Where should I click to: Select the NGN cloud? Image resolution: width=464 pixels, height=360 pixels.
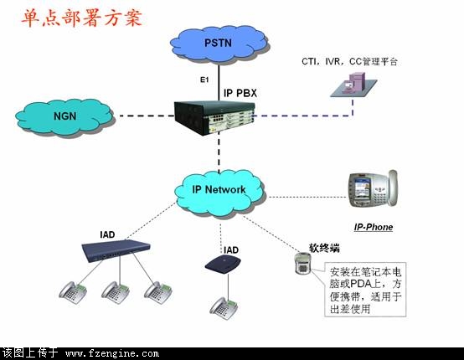pyautogui.click(x=64, y=117)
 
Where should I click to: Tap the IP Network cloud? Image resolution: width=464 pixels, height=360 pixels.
pyautogui.click(x=219, y=193)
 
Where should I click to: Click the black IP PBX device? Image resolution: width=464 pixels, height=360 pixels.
pyautogui.click(x=214, y=118)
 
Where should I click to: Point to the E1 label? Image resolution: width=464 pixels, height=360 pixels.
pyautogui.click(x=204, y=80)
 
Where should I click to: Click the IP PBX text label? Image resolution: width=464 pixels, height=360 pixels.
pyautogui.click(x=240, y=93)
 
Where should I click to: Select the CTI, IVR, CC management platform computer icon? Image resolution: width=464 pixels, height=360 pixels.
pyautogui.click(x=353, y=85)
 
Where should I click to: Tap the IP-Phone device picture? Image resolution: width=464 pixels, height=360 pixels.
pyautogui.click(x=373, y=189)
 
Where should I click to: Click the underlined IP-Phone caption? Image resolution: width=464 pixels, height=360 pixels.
pyautogui.click(x=374, y=227)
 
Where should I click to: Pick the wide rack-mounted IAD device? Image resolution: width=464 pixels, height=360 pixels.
pyautogui.click(x=116, y=251)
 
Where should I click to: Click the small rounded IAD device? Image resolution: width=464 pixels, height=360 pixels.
pyautogui.click(x=223, y=264)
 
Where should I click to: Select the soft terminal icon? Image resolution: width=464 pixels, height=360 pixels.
pyautogui.click(x=302, y=263)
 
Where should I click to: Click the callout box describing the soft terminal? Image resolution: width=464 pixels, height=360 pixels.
pyautogui.click(x=365, y=290)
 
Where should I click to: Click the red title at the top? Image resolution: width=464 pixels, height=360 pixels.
pyautogui.click(x=82, y=18)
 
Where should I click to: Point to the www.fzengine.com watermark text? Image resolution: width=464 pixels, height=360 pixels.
pyautogui.click(x=112, y=353)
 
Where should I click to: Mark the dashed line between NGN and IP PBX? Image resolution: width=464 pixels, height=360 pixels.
pyautogui.click(x=147, y=116)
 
